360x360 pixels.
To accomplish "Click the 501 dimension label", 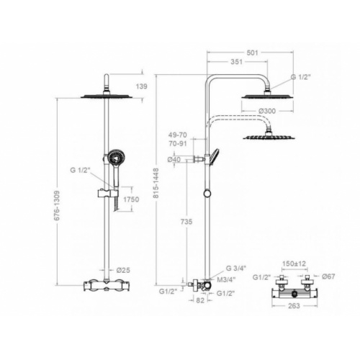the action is (252, 53).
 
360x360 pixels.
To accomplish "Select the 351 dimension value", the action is (237, 62).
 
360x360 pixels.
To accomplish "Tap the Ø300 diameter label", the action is (267, 111).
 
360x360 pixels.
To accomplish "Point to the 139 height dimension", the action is (142, 86).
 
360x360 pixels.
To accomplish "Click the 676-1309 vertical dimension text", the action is (57, 206).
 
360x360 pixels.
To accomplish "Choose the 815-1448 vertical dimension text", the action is (156, 183).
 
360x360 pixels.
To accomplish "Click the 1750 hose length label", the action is (131, 199).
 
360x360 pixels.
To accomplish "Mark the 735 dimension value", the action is (186, 222).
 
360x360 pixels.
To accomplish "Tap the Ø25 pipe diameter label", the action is (123, 270).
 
